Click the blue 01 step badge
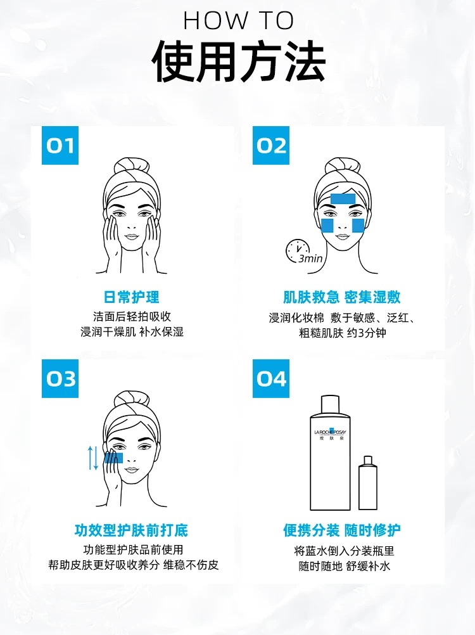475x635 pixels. pos(60,145)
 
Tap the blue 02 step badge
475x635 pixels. pos(270,145)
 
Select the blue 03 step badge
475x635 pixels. pos(60,378)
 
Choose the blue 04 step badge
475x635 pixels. pos(270,378)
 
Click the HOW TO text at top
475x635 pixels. pos(239,20)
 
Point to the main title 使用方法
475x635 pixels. pos(239,61)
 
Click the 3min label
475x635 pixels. pos(311,259)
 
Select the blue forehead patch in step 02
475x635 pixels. pos(343,199)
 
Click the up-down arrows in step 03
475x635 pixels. pos(93,458)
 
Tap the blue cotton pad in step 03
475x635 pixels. pos(114,458)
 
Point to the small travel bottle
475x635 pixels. pos(368,483)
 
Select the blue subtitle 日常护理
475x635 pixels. pos(132,297)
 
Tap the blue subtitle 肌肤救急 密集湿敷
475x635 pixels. pos(342,297)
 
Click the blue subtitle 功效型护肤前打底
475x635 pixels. pos(132,530)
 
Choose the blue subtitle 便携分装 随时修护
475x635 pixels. pos(342,530)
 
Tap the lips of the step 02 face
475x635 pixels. pos(342,236)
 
